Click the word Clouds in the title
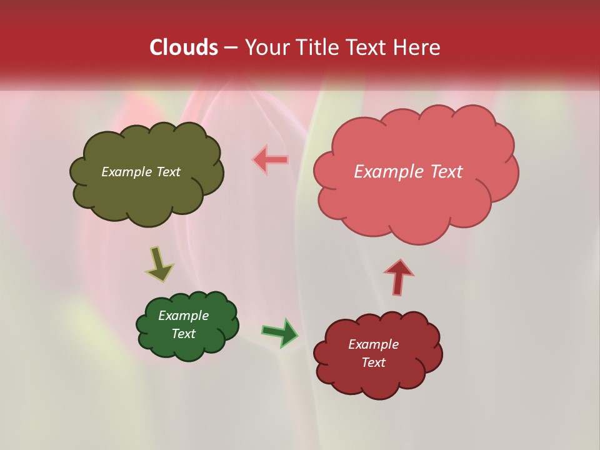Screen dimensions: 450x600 tap(184, 47)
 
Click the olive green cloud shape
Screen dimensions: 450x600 tap(147, 194)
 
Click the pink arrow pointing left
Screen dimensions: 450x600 tap(271, 160)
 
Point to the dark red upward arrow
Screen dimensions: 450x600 tap(399, 277)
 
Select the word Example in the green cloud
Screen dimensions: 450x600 tap(183, 316)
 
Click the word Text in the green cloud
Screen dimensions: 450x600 tap(184, 334)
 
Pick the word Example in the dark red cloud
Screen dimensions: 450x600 tap(373, 344)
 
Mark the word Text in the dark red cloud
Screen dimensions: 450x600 tap(373, 362)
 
